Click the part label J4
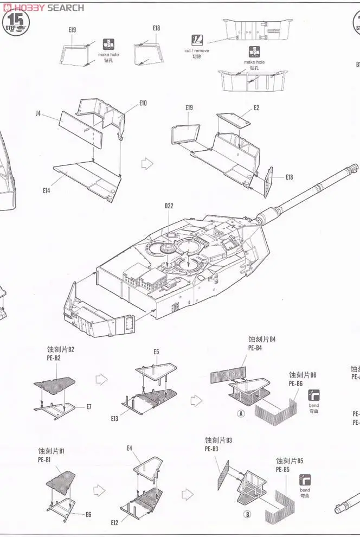point(38,113)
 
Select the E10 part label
point(143,103)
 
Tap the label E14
point(46,190)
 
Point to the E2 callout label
point(256,108)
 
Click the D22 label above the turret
point(169,206)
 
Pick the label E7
point(89,407)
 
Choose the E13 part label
point(114,419)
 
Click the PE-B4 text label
point(255,348)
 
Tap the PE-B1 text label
point(44,460)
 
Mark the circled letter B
point(248,514)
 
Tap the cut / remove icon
point(197,40)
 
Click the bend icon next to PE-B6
point(313,395)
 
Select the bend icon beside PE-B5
point(305,480)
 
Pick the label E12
point(114,522)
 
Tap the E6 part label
point(88,514)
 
